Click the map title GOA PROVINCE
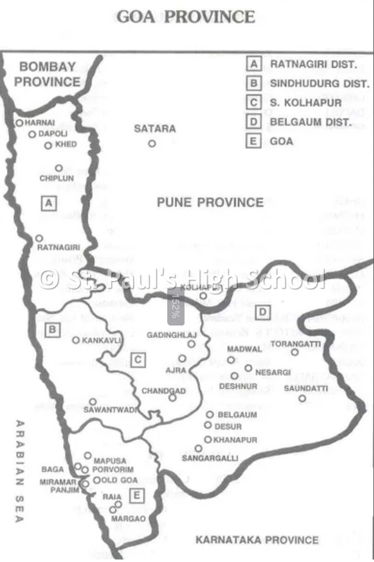coord(186,17)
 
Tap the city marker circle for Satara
coord(151,143)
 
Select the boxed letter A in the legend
coord(254,64)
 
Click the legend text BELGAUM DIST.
coord(311,122)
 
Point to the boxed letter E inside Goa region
coord(136,496)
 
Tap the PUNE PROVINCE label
coord(210,202)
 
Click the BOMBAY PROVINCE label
coord(47,74)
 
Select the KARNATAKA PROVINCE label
coord(257,540)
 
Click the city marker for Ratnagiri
coord(39,238)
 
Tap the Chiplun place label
coord(57,179)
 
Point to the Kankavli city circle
coord(75,340)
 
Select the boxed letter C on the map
coord(138,360)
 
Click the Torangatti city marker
coord(295,352)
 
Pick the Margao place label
coord(128,518)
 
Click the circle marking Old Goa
coord(97,480)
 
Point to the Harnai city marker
coord(19,123)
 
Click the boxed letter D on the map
coord(264,312)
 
